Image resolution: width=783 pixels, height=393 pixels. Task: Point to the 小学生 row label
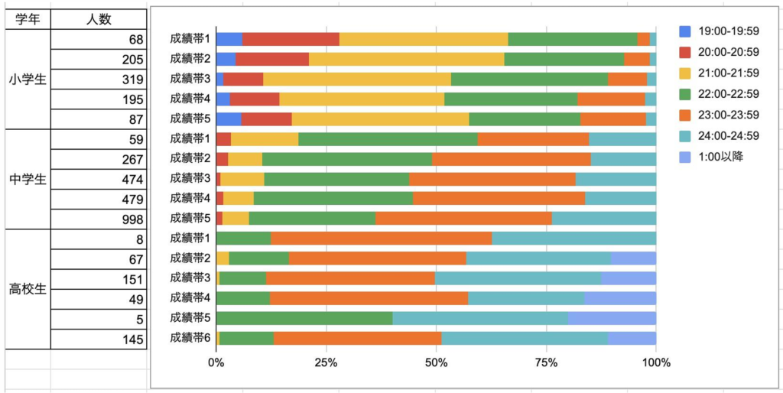click(28, 79)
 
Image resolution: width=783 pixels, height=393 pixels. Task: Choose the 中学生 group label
click(28, 180)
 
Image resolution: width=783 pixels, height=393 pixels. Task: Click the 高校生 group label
click(28, 289)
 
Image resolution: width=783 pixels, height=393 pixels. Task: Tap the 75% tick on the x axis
click(545, 362)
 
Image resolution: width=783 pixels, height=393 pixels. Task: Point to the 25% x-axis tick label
click(327, 362)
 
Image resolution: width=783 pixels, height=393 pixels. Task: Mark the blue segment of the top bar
click(229, 39)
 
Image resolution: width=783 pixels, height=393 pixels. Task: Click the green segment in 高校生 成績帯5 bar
click(304, 317)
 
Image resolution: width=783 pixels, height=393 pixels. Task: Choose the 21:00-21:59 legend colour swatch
click(685, 73)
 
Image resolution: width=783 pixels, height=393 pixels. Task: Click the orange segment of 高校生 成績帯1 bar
click(381, 238)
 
